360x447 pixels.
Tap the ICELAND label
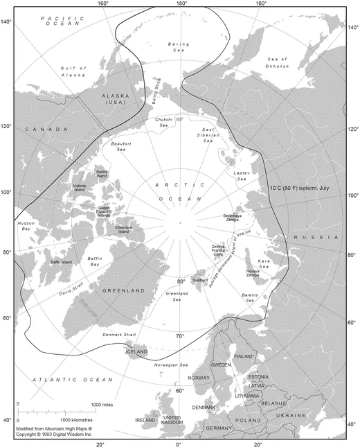click(x=136, y=352)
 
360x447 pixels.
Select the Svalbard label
click(x=200, y=279)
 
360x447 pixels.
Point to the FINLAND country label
click(x=244, y=356)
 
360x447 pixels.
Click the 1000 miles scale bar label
click(x=102, y=404)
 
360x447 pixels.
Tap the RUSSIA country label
click(x=309, y=238)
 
